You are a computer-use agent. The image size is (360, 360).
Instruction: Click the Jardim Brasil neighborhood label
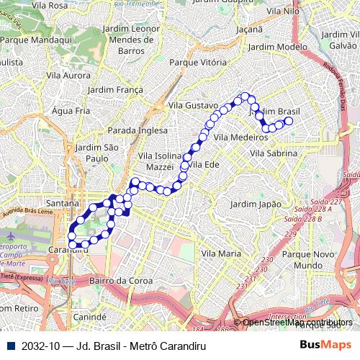274,112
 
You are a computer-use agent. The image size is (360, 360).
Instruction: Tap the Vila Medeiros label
241,137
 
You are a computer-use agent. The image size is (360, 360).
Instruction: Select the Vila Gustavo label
192,105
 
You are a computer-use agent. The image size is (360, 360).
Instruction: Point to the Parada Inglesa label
138,130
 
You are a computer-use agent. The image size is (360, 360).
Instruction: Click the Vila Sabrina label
273,153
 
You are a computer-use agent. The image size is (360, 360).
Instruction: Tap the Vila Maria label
221,253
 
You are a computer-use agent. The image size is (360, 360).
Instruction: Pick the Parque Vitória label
197,62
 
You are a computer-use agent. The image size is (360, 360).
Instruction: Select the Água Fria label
71,111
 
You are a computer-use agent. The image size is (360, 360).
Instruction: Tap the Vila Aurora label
68,74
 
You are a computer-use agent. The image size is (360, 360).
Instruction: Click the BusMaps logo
325,345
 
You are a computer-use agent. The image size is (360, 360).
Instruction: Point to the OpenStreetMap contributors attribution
297,323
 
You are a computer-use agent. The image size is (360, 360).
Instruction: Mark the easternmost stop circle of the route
289,122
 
